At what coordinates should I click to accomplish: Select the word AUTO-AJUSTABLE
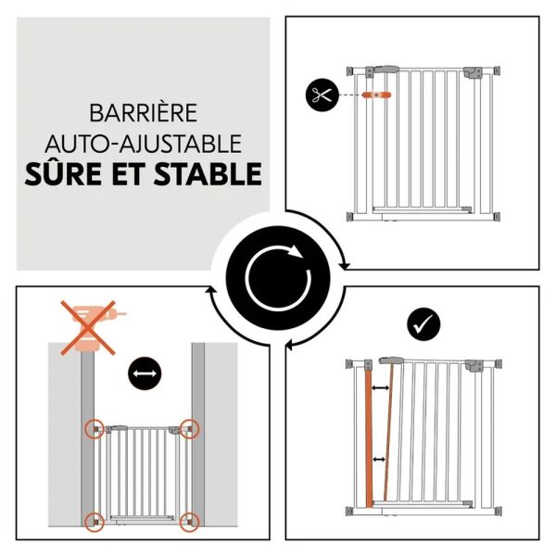pyautogui.click(x=143, y=144)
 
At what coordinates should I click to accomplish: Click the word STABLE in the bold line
pyautogui.click(x=206, y=174)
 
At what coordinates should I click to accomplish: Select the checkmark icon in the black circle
pyautogui.click(x=423, y=323)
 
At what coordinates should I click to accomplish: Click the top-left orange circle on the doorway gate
pyautogui.click(x=95, y=429)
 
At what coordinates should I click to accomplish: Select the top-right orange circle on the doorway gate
pyautogui.click(x=190, y=428)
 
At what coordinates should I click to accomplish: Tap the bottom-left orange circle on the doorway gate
pyautogui.click(x=95, y=520)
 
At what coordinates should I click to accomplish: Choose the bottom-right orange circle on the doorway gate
pyautogui.click(x=190, y=520)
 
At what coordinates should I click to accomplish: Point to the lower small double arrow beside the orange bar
pyautogui.click(x=379, y=460)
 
